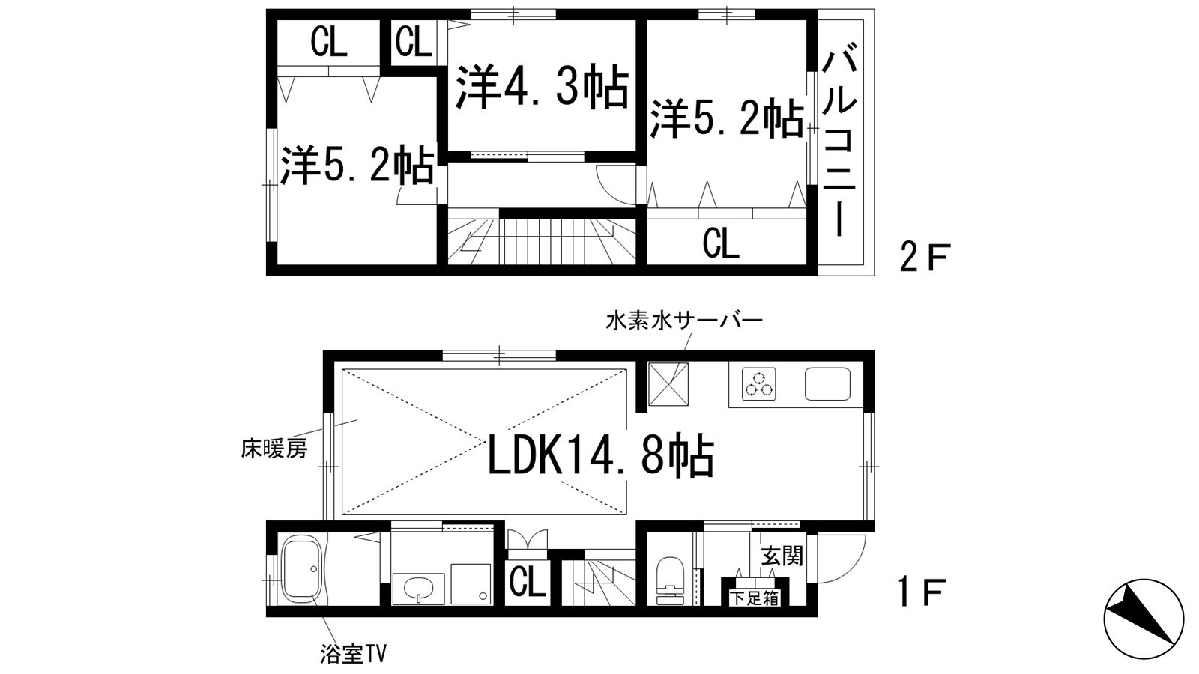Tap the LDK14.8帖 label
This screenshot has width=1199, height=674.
coord(600,456)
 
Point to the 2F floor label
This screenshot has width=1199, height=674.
coord(924,259)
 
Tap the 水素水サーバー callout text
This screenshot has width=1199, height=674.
coord(683,321)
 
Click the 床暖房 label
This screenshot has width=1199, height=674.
coord(274,449)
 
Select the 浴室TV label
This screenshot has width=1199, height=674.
coord(352,655)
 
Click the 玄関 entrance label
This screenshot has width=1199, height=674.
coord(782,556)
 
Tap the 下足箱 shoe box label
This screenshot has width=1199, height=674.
coord(755,598)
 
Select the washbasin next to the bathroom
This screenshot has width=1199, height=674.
coord(417,589)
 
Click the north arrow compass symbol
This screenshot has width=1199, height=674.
coord(1144,619)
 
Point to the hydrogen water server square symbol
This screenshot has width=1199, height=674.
coord(668,383)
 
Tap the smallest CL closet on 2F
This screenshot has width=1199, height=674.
coord(414,42)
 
